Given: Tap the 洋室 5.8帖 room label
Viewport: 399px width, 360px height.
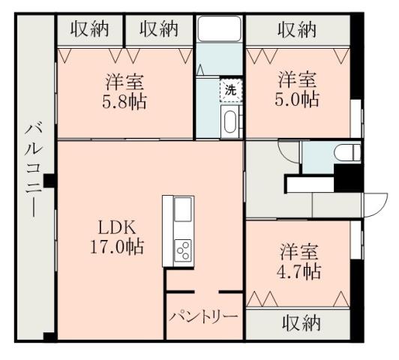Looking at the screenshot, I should coord(124,91).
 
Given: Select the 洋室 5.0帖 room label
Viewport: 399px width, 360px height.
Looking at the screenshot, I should coord(298,89).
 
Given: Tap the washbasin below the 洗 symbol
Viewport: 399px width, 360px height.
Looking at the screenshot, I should coord(229,120).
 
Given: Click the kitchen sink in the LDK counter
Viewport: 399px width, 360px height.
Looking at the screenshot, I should coord(183,211).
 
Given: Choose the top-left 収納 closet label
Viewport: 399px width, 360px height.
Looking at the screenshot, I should coord(91,29).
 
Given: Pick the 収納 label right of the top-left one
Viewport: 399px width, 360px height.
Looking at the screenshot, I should coord(158,29).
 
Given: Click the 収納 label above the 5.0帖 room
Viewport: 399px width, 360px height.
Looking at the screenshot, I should coord(297,30).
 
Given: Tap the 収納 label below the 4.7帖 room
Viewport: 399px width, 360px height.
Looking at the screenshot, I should coord(301,323).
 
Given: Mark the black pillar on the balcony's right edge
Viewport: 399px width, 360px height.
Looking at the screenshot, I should coord(49,181).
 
